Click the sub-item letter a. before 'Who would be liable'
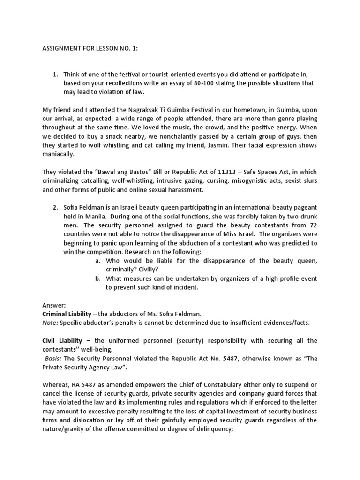[x=97, y=261]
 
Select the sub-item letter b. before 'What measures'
[x=97, y=278]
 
